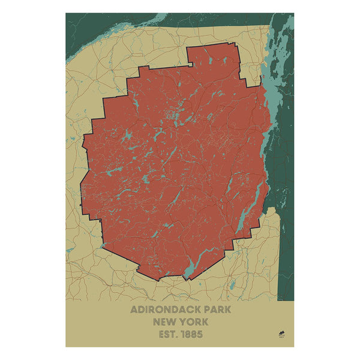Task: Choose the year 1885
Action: pyautogui.click(x=193, y=334)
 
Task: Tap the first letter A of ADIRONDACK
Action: pyautogui.click(x=134, y=311)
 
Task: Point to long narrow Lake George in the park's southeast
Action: pyautogui.click(x=243, y=204)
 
